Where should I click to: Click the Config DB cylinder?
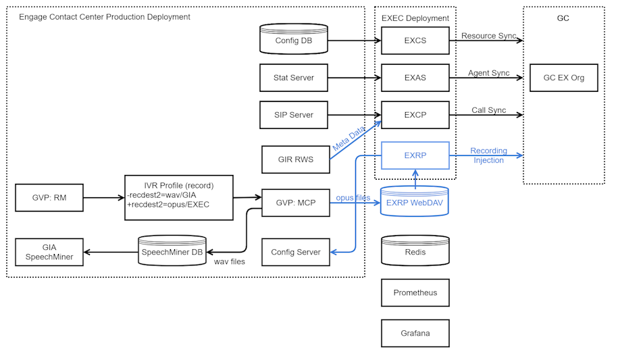click(293, 41)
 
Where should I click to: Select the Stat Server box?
click(293, 78)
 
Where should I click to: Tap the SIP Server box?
click(293, 115)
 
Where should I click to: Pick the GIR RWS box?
click(295, 159)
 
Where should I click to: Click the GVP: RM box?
click(49, 198)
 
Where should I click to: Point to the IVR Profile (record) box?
click(178, 197)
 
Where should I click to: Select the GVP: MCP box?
click(295, 203)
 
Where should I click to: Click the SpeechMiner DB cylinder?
click(172, 252)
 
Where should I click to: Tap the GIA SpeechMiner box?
click(49, 252)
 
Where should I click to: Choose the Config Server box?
click(295, 252)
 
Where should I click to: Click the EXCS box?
click(415, 41)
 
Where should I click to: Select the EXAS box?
click(415, 78)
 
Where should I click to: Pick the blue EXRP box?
click(415, 155)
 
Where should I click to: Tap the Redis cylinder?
click(415, 251)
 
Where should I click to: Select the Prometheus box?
click(415, 293)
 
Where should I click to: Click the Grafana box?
click(415, 333)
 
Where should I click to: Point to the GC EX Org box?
click(563, 78)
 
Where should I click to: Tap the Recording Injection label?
click(488, 156)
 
